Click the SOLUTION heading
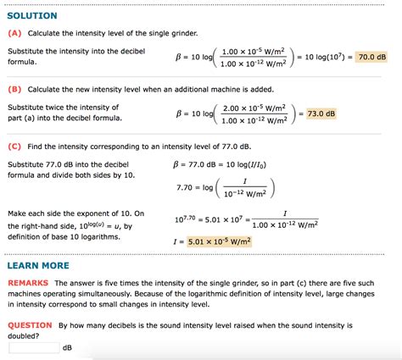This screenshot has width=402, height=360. pyautogui.click(x=32, y=16)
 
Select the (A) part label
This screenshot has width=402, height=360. pyautogui.click(x=14, y=33)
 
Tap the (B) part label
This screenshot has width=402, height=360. pyautogui.click(x=14, y=89)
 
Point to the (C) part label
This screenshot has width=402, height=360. pyautogui.click(x=14, y=146)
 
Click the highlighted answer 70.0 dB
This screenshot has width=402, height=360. pyautogui.click(x=371, y=57)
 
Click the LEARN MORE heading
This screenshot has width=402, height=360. pyautogui.click(x=38, y=265)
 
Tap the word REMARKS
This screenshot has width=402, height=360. pyautogui.click(x=28, y=282)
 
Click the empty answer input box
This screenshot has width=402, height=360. pyautogui.click(x=34, y=346)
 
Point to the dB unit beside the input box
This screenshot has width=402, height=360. pyautogui.click(x=68, y=346)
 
